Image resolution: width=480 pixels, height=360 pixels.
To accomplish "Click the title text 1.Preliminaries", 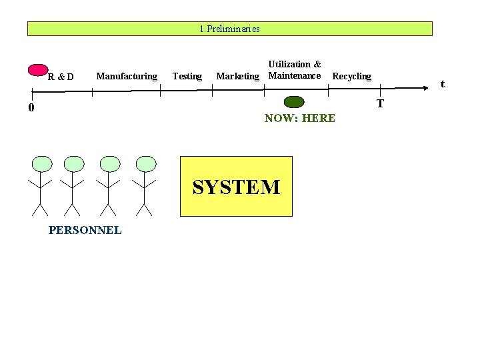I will coord(229,29).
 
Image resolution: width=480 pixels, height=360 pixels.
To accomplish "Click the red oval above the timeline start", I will coord(39,70).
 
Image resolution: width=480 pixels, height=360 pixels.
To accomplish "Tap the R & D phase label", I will coord(61,77).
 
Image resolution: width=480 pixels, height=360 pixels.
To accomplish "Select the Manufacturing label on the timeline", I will coord(127,76).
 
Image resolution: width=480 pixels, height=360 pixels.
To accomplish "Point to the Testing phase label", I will coord(187,76).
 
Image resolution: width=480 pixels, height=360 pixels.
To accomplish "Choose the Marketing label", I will coord(237,76).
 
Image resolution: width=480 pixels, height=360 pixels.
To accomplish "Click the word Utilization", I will coord(290,64).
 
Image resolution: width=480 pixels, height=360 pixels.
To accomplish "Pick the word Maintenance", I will coord(294,75).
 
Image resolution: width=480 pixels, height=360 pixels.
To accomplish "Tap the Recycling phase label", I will coord(351,76).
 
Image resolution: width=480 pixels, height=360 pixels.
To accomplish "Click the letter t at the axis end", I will coord(442,84).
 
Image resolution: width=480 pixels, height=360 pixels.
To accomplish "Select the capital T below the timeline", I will coord(380,104).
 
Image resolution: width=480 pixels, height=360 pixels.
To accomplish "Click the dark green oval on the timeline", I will coord(293,102).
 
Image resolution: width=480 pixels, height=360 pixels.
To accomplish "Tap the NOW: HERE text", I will coord(299,118).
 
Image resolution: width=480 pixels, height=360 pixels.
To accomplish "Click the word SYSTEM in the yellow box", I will coord(237,187).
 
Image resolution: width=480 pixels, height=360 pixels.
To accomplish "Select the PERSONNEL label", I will coord(85,230).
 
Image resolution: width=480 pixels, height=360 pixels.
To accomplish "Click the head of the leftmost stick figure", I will coord(41,164).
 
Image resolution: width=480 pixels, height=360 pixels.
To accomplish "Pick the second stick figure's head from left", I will coord(74,164).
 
